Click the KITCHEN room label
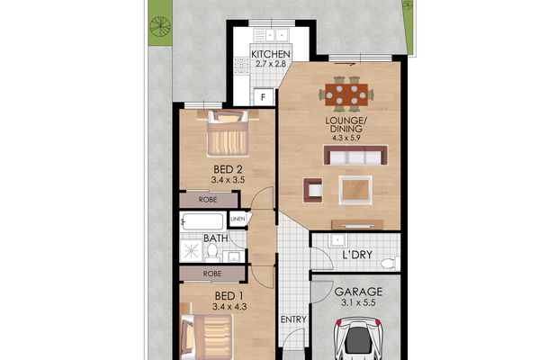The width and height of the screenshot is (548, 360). coord(271,54)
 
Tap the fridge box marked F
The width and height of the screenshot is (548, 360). coord(264,96)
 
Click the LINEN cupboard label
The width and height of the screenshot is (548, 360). coord(238,219)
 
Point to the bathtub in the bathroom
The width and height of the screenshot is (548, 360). coord(202,222)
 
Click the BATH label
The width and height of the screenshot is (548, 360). coord(215,238)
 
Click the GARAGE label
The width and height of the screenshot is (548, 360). coord(359,292)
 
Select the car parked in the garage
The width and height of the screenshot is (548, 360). coord(359,342)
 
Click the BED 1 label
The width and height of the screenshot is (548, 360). coord(229,296)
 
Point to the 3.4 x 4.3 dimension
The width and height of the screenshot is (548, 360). coord(229,308)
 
